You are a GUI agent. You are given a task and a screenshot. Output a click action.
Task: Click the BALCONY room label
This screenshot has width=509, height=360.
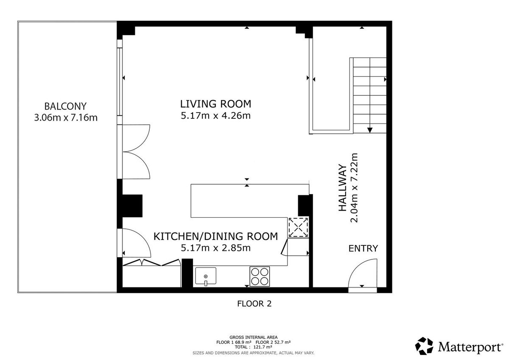click(x=65, y=106)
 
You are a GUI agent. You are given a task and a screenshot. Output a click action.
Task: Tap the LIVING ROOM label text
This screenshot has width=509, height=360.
click(x=215, y=104)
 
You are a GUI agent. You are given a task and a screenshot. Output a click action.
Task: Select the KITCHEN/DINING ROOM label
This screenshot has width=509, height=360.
click(x=215, y=236)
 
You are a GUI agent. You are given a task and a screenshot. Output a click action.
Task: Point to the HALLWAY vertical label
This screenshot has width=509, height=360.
click(x=342, y=188)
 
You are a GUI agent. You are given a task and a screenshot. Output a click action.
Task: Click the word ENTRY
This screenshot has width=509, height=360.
click(x=363, y=248)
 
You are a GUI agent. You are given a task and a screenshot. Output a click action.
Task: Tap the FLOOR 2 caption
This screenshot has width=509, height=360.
click(x=254, y=304)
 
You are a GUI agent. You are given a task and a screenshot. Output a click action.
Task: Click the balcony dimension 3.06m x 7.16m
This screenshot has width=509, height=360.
click(x=66, y=118)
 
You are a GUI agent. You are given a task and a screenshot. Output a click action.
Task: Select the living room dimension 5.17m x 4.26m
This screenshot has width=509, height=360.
click(x=215, y=116)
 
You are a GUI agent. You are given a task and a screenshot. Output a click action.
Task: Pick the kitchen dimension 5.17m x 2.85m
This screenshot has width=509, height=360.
click(x=215, y=248)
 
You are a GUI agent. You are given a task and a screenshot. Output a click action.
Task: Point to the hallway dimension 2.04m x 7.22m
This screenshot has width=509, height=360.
click(x=354, y=188)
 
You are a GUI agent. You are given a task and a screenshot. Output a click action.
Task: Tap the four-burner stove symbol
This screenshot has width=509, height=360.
click(x=260, y=276)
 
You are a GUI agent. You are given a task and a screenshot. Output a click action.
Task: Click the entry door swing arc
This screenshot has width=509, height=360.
click(x=355, y=266)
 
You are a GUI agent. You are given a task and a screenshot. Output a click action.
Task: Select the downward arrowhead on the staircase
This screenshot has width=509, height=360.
click(x=370, y=130)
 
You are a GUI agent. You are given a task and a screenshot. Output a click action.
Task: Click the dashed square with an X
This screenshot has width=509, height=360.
click(x=298, y=228)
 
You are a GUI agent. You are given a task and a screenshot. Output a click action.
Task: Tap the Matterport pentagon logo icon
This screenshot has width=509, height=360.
click(x=424, y=346)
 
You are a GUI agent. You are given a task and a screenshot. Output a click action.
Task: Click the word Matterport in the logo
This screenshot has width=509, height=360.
click(x=470, y=347)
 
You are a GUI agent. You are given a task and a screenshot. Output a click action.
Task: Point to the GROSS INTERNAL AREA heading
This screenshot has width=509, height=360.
click(x=253, y=337)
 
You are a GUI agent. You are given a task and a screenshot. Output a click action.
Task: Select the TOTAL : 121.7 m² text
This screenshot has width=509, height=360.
click(x=253, y=347)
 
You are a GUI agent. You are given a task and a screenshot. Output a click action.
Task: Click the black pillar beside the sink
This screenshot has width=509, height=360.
click(x=187, y=273)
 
